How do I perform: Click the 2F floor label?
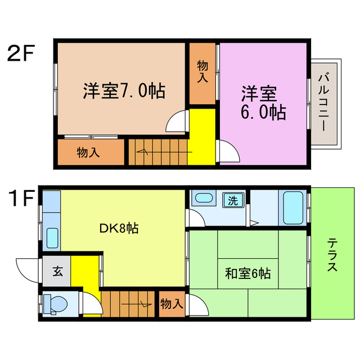click(21, 54)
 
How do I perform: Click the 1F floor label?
click(21, 199)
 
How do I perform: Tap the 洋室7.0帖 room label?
click(124, 91)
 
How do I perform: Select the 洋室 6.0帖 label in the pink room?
click(263, 102)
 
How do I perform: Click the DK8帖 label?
click(119, 228)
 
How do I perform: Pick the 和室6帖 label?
click(248, 274)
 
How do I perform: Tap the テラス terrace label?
click(332, 255)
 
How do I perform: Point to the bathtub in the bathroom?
click(293, 208)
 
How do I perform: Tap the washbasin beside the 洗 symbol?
click(202, 199)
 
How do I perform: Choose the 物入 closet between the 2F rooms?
click(202, 73)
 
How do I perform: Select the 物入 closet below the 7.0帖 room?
click(89, 152)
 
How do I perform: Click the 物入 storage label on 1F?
click(172, 304)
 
